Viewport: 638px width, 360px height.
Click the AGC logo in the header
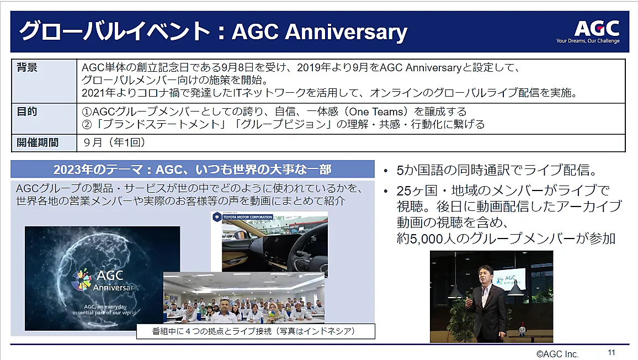click(597, 29)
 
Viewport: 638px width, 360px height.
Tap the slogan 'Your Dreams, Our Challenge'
click(588, 41)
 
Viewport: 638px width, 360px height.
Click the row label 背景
click(27, 67)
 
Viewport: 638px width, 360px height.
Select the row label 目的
click(27, 111)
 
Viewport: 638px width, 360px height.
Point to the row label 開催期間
click(38, 142)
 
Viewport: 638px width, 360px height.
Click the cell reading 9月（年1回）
click(114, 142)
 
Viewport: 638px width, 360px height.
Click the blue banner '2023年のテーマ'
click(193, 170)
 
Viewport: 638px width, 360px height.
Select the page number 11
click(612, 353)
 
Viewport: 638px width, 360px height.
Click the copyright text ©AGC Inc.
click(557, 354)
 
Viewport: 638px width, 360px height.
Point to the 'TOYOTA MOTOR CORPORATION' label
click(247, 217)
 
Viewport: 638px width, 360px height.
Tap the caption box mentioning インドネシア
click(256, 331)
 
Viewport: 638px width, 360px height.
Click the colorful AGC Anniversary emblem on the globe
click(82, 280)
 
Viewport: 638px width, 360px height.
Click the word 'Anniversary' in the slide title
click(346, 32)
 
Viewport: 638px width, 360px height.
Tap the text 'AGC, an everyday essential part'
click(105, 310)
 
